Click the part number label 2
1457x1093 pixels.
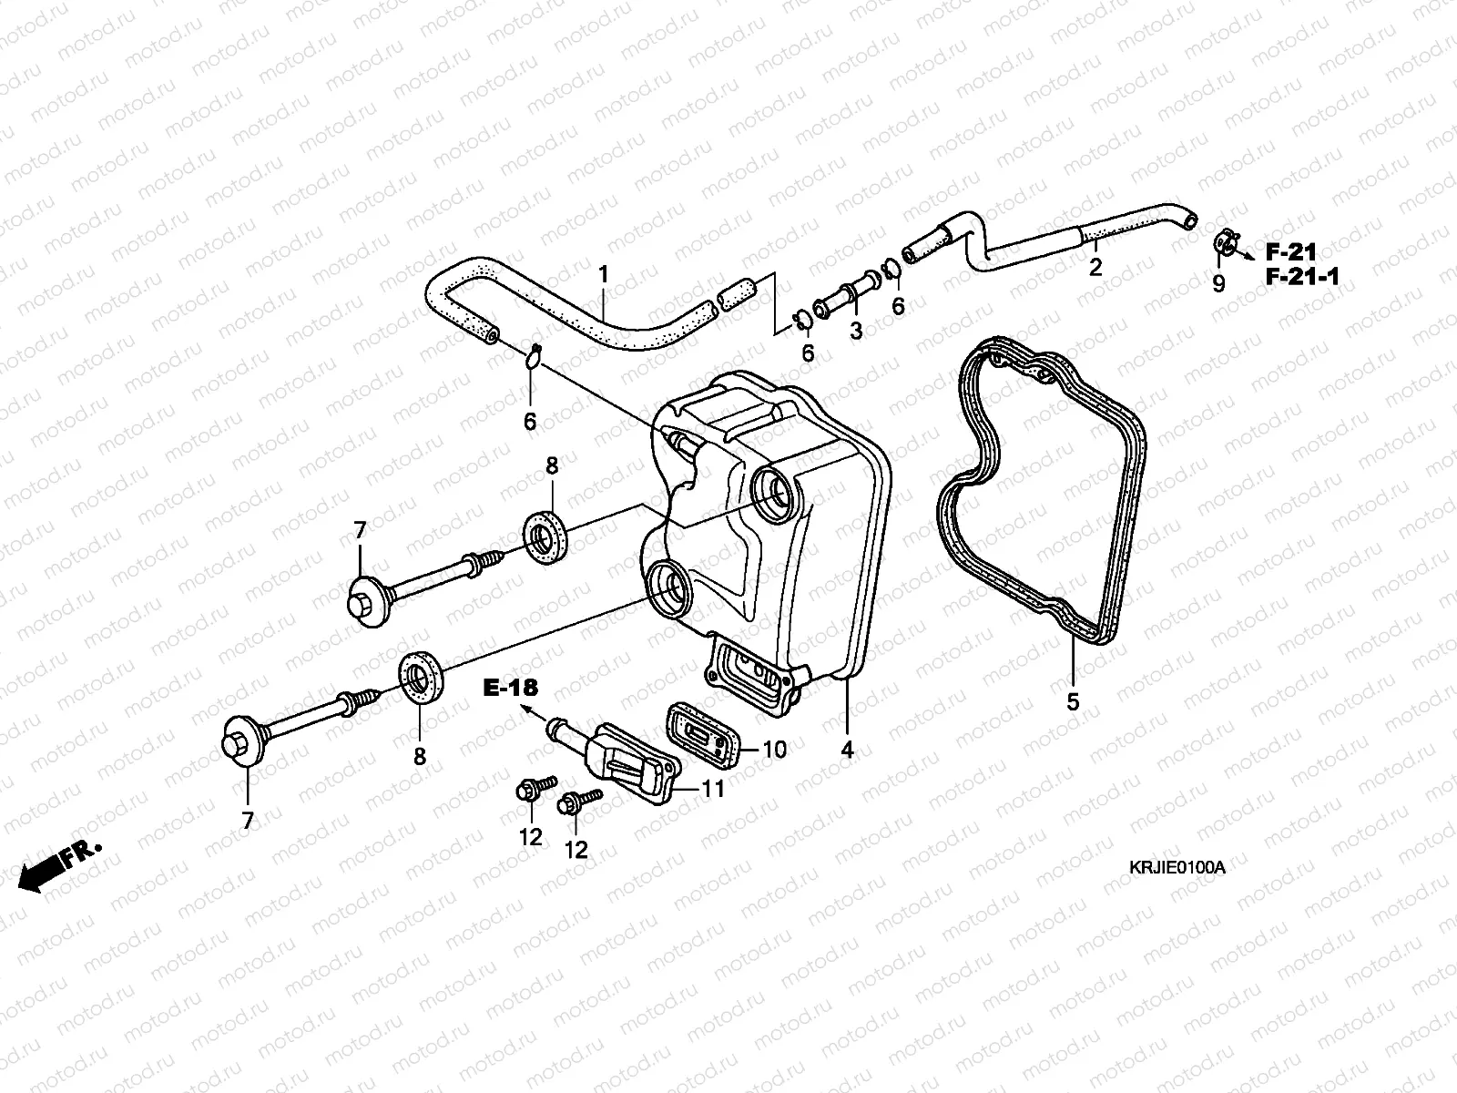[x=1095, y=267]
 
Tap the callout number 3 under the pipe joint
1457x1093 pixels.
[x=856, y=332]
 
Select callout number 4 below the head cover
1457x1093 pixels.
[x=847, y=751]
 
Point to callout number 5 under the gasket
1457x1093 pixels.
[x=1073, y=702]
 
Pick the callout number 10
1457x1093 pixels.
[x=774, y=750]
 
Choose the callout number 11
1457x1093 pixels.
[x=714, y=789]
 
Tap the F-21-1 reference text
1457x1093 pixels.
[x=1302, y=278]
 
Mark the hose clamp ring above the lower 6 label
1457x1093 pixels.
[x=535, y=356]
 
